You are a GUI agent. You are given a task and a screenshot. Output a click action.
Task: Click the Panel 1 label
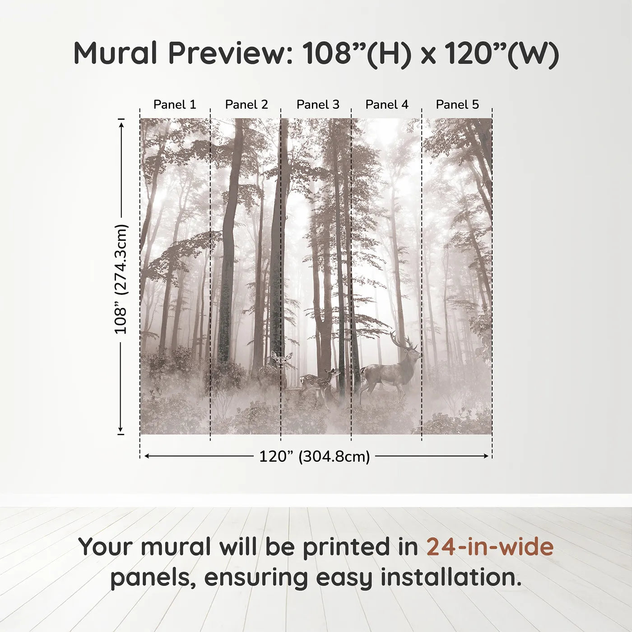coord(175,104)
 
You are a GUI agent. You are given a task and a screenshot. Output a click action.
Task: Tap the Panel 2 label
coord(246,104)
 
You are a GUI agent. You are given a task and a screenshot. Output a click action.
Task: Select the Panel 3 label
coord(318,104)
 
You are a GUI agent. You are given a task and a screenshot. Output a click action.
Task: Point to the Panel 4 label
coord(387,104)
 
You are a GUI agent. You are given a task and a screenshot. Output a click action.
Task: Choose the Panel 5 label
coord(457,104)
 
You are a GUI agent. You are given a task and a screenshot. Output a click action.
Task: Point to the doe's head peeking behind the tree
coord(280,359)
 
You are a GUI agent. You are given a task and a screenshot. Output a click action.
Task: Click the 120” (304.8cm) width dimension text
coord(315,456)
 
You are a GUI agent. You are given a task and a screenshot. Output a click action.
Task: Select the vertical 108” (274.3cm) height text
coord(121,279)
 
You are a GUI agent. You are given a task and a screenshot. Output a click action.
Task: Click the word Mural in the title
coord(115,53)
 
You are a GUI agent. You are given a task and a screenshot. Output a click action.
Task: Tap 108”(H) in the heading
coord(357,53)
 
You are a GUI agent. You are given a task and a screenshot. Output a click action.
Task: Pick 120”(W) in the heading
coord(502,53)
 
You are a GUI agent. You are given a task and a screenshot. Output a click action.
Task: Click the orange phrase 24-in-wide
coord(490,547)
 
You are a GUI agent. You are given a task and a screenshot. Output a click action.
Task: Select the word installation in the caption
coord(451,577)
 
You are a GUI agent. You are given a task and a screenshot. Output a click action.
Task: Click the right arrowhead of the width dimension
coord(487,456)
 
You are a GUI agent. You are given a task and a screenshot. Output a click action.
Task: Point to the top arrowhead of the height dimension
coord(121,124)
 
